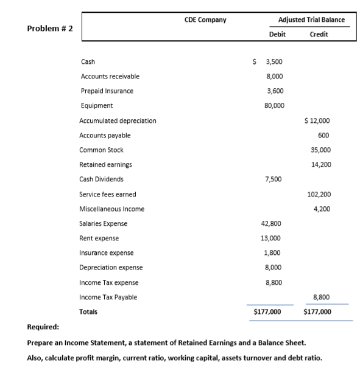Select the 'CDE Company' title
point(205,19)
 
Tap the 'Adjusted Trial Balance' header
point(311,19)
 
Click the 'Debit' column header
point(277,35)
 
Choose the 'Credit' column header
point(319,35)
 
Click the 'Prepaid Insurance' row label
point(107,91)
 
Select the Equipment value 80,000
point(272,105)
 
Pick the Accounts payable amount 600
point(323,135)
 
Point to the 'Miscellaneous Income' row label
point(111,209)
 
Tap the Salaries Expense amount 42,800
point(272,223)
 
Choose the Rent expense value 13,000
point(272,238)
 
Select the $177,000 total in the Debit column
point(267,311)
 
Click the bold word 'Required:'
point(43,327)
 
